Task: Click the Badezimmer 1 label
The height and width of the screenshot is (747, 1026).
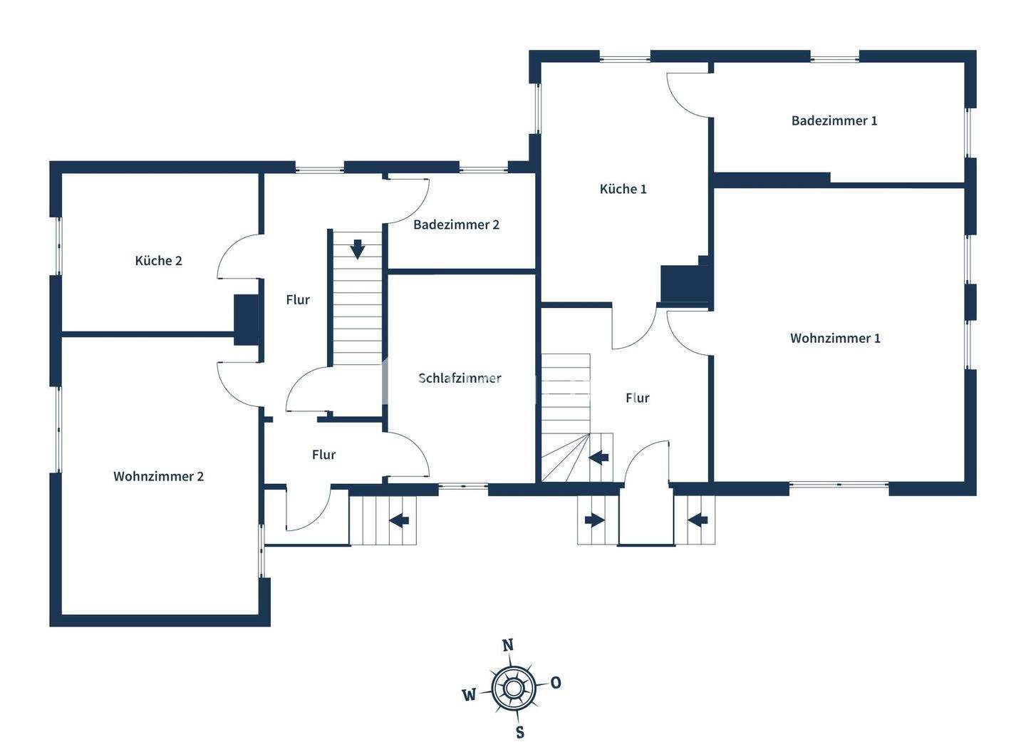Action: tap(834, 120)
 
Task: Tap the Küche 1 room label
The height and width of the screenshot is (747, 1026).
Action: tap(623, 189)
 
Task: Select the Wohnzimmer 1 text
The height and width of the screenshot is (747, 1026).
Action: tap(835, 338)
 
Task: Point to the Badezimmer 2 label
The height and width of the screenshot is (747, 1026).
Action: tap(456, 225)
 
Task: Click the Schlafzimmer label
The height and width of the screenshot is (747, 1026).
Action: tap(460, 378)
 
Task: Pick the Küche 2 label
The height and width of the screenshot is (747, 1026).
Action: tap(158, 260)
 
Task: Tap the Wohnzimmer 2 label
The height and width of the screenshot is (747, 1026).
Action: tap(158, 475)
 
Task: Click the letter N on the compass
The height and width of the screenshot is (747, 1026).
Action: tap(507, 645)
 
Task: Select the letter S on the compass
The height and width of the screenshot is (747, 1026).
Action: tap(520, 731)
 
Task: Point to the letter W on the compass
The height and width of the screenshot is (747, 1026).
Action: tap(469, 695)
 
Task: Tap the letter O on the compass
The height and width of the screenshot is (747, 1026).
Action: tap(556, 682)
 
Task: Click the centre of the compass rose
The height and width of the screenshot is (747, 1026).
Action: tap(513, 688)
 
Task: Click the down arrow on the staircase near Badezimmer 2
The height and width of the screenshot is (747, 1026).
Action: tap(358, 249)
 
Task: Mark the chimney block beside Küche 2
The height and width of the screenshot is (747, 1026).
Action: tap(247, 320)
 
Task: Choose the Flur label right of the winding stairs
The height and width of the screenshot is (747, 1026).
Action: tap(637, 398)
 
